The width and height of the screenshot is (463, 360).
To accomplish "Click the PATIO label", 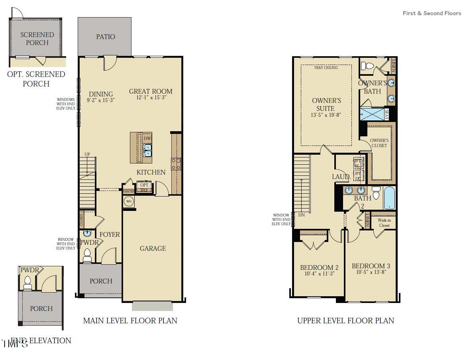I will coord(106,37).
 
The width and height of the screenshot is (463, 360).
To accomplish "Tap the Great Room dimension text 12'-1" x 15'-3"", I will coord(151,98).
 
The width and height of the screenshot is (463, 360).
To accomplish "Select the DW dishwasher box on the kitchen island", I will coord(147,138).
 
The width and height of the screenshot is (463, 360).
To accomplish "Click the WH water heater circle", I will coord(129,201).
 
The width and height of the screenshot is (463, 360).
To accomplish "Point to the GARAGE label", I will coord(153,248).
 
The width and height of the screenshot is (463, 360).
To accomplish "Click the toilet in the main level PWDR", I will coord(87,256).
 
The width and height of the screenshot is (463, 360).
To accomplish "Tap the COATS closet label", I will coord(82,219).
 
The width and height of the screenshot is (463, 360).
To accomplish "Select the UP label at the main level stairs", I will coord(87,154).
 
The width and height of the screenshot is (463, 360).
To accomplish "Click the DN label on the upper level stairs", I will coord(301,215).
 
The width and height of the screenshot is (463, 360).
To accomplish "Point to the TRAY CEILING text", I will coord(326,68).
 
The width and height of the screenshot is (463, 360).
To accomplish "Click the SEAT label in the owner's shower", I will coord(386,114).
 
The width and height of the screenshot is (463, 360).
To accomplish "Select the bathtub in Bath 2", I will coord(389,198).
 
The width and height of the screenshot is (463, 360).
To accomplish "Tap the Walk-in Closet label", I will coord(384,222).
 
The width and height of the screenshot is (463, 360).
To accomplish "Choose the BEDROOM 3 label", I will coord(371,266).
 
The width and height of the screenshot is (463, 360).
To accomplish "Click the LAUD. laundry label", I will coord(341,177).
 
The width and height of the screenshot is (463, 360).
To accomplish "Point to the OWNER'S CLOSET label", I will coord(379,143).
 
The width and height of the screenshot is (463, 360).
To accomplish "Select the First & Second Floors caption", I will coord(432,13).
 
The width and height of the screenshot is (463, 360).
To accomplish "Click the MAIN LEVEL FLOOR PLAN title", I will coord(130,321).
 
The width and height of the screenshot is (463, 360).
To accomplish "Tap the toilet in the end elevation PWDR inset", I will coord(27,283).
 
